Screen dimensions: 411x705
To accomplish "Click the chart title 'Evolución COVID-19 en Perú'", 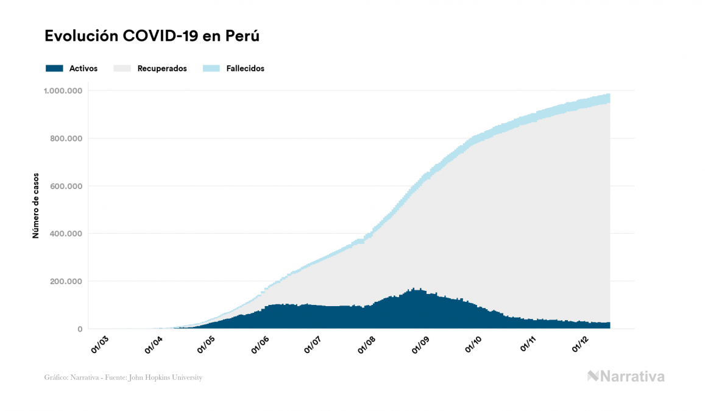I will tap(152, 36).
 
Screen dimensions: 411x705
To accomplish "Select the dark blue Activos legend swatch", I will tap(54, 68).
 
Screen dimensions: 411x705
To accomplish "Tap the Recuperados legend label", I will tap(162, 68).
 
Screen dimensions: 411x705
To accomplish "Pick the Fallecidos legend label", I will tap(245, 68).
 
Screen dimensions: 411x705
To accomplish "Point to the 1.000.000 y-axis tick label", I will tap(62, 91).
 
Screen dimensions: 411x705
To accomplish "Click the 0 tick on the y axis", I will tap(80, 329).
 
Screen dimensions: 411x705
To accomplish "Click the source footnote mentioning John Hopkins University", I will tap(123, 377).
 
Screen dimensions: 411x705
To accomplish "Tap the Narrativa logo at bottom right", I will tap(626, 376).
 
